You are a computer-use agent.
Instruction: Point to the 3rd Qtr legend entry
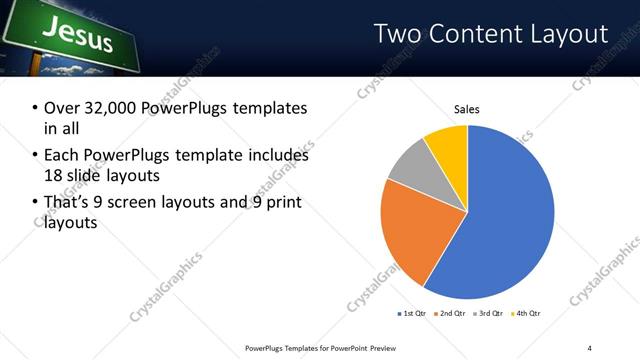[x=490, y=314]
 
